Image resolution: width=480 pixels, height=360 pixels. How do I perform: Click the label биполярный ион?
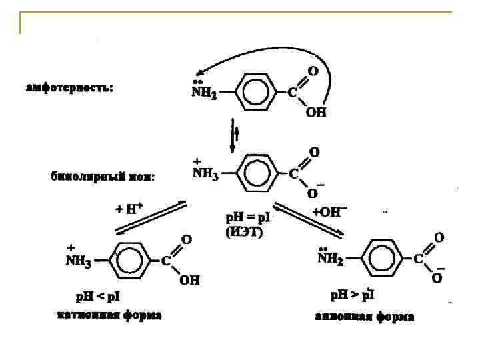coord(103,177)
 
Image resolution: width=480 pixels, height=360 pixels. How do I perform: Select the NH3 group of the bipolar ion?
coord(205,173)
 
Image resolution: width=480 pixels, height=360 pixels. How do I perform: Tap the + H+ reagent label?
coord(129,208)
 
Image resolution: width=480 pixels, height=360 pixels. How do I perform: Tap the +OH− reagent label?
coord(330,212)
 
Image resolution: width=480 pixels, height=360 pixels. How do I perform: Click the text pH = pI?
coord(246,217)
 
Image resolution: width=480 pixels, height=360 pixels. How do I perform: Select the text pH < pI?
coord(97,295)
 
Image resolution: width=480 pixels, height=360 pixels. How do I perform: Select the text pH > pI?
coord(354,293)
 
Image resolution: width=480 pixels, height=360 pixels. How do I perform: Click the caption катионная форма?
coord(109,315)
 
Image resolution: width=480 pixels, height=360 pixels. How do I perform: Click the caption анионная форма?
coord(364,317)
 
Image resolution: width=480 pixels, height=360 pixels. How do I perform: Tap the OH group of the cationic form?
coord(189,281)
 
